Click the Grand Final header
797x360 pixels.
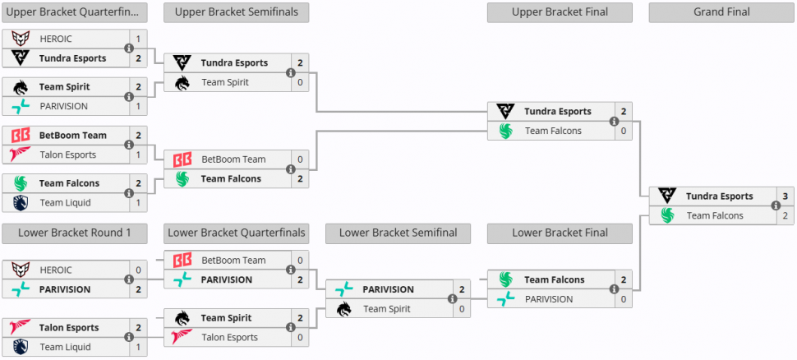721,12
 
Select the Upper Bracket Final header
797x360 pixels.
560,12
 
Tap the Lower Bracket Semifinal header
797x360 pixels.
398,233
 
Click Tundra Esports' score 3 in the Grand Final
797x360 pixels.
785,196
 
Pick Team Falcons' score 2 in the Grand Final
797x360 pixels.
785,215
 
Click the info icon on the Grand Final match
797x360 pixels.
776,206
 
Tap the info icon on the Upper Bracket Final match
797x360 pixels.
614,121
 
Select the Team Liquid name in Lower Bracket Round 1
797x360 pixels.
66,347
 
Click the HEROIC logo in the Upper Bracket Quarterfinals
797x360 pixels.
21,39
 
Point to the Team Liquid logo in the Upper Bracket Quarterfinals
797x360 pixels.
21,202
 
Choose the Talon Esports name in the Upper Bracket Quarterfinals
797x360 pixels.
68,155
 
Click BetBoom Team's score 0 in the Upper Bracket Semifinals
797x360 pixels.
301,159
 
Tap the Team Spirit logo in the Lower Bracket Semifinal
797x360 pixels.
344,309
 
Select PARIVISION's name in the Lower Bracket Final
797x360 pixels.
549,299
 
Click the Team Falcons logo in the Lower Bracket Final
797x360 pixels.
506,279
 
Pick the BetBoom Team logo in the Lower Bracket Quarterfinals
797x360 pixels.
182,261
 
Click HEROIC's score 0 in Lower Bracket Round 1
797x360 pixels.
139,270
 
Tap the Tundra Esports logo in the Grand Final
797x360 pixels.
667,196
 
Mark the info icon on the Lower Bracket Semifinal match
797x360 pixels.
453,299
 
